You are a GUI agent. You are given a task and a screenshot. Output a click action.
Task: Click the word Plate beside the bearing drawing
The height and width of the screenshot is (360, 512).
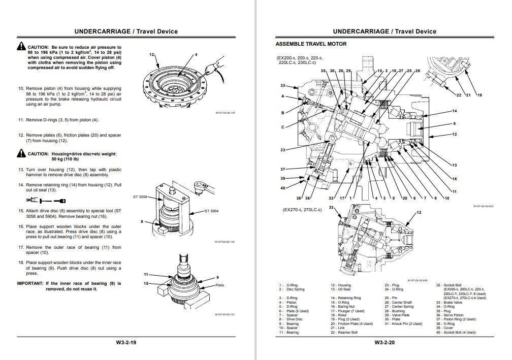point(219,285)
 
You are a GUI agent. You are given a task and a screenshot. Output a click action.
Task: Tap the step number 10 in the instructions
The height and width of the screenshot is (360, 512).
point(21,88)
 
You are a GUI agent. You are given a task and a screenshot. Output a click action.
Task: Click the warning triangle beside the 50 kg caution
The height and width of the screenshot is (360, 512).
point(21,153)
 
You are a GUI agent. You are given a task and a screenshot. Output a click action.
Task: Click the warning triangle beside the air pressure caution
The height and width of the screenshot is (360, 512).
point(21,47)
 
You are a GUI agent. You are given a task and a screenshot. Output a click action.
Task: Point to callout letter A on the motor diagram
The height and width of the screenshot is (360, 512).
point(283,96)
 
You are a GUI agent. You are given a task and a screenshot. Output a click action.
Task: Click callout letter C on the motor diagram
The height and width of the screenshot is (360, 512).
point(283,127)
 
